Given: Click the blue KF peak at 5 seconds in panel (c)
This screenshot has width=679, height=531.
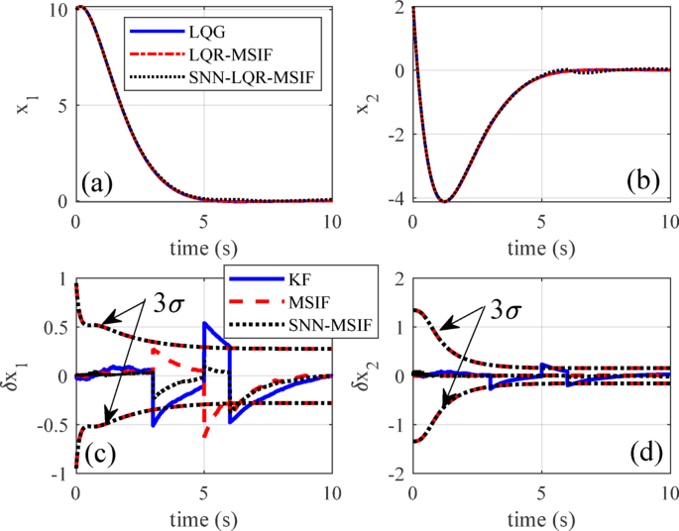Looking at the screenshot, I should pyautogui.click(x=204, y=323).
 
